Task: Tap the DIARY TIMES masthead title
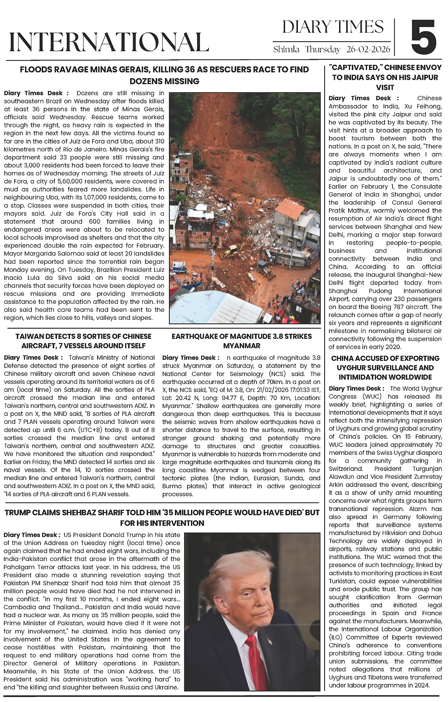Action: pos(333,27)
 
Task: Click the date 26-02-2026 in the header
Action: pos(369,50)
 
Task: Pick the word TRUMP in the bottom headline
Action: pos(18,513)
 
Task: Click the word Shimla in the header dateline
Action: pos(287,50)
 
